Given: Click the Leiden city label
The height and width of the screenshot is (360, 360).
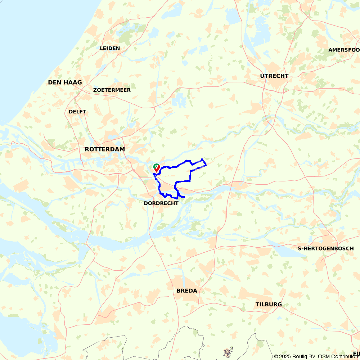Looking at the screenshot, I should click(110, 48).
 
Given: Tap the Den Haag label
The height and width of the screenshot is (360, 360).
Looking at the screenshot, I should click(65, 82).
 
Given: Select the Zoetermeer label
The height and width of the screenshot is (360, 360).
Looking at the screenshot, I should click(112, 90).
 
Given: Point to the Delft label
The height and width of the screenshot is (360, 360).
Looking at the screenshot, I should click(77, 112).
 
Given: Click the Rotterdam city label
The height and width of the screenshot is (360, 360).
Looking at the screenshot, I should click(105, 149).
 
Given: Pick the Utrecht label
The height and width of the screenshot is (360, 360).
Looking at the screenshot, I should click(274, 76).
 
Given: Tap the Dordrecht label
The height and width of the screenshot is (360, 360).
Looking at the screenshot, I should click(161, 203).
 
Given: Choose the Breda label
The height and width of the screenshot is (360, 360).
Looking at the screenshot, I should click(187, 291).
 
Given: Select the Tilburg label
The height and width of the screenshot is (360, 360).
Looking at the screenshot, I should click(269, 305).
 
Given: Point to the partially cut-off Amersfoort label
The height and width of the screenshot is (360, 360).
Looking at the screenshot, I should click(344, 50).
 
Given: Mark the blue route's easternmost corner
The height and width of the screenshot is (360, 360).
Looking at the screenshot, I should click(206, 165).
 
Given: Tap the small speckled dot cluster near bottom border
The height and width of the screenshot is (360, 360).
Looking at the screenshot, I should click(228, 352).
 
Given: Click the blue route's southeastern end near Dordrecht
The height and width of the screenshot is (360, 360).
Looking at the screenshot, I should click(184, 197).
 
